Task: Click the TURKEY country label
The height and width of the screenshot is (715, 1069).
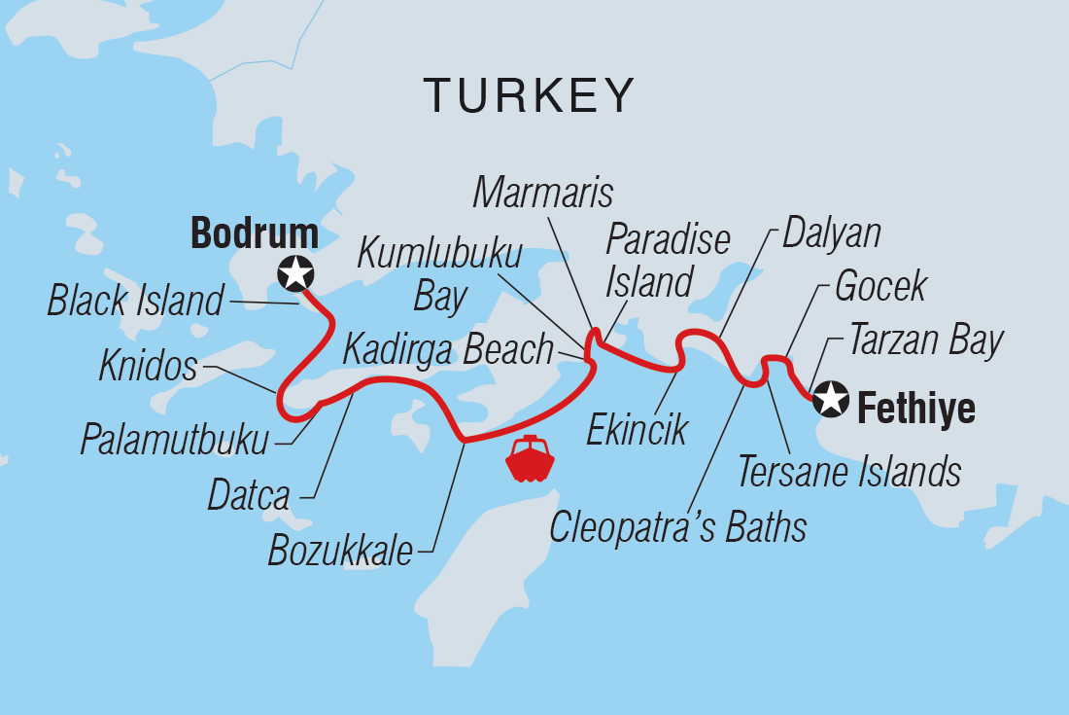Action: (x=530, y=95)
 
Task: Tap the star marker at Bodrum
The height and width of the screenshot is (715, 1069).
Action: (x=295, y=274)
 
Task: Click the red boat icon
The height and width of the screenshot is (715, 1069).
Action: (x=529, y=458)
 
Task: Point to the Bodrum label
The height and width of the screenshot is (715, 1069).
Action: (x=254, y=233)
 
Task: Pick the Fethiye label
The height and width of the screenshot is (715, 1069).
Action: (x=915, y=409)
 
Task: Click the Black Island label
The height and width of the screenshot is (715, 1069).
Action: (x=135, y=302)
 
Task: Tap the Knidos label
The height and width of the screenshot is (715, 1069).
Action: (x=148, y=367)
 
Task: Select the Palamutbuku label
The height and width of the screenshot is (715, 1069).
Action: (x=174, y=441)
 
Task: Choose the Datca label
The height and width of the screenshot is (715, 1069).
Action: (x=249, y=496)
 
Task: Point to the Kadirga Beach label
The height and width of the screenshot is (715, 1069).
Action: (x=448, y=349)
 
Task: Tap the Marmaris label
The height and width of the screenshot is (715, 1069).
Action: (x=543, y=193)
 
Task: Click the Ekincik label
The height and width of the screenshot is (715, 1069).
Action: (x=637, y=429)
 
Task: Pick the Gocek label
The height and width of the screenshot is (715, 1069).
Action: (x=880, y=286)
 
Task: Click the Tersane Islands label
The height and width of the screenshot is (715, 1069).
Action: (x=849, y=472)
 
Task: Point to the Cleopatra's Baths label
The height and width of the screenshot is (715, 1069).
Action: (x=677, y=527)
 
